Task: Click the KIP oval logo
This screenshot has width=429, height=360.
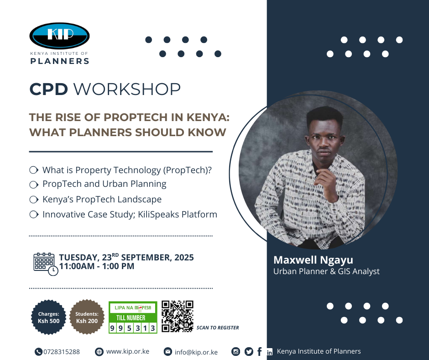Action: point(59,36)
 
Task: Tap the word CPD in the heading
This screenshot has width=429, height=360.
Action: point(48,89)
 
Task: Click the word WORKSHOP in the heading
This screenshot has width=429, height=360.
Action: point(127,89)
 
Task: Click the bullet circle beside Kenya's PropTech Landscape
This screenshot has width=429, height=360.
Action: point(34,200)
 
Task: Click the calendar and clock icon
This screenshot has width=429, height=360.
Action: point(46,264)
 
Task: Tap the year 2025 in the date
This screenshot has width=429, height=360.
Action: point(184,258)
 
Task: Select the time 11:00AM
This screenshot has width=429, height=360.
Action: point(77,266)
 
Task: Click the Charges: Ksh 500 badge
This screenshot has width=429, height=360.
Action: point(49,317)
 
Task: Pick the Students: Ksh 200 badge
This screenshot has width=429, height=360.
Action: point(87,317)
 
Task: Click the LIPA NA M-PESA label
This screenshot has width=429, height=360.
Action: point(133,307)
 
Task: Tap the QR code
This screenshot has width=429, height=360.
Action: point(178,317)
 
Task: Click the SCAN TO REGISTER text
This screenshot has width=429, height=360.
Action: point(218,328)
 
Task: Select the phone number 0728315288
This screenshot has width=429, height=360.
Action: point(62,352)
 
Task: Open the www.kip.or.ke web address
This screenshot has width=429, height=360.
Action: point(128,351)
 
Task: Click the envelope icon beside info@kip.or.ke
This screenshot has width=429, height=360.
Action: point(167,351)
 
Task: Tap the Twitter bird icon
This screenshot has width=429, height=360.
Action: point(249,351)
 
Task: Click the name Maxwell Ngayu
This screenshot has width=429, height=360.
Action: point(313,260)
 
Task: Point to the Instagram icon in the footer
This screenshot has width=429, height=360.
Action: point(235,351)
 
